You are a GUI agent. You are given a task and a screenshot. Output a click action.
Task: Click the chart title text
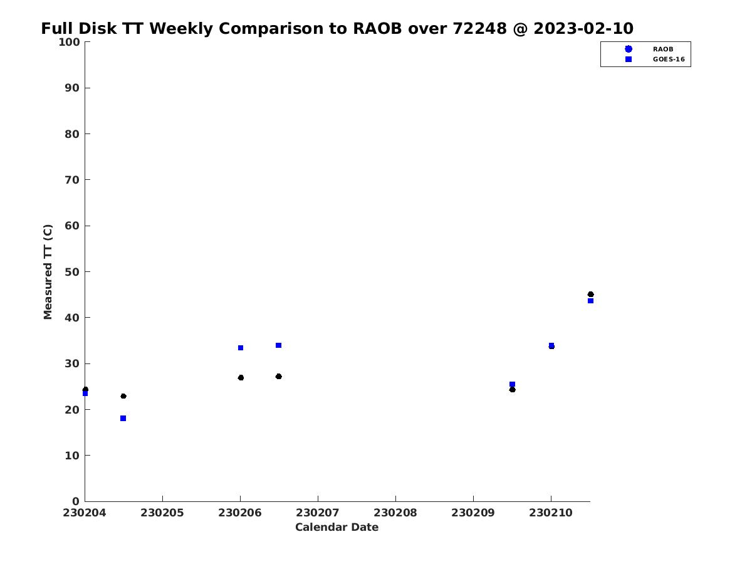click(337, 28)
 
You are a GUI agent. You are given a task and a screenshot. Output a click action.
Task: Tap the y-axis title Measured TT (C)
click(48, 271)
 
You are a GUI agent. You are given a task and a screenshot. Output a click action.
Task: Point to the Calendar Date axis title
click(337, 527)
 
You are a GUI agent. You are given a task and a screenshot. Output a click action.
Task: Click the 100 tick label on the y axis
click(69, 42)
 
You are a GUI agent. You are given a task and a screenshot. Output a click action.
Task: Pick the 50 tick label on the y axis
click(72, 272)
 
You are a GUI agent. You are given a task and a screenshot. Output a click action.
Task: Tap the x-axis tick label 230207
click(318, 513)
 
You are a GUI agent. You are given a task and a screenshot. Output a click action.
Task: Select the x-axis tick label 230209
click(473, 513)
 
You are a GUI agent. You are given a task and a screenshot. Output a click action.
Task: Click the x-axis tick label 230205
click(162, 513)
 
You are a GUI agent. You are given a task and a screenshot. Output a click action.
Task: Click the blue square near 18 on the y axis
click(123, 418)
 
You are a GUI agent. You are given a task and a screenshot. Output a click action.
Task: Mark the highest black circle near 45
click(590, 294)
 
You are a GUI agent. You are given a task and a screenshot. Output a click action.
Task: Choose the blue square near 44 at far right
click(590, 301)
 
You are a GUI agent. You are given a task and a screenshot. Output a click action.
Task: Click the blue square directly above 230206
click(241, 348)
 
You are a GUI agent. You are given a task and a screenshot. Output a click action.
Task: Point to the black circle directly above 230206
click(241, 378)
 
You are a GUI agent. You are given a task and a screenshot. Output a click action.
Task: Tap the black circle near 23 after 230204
click(123, 396)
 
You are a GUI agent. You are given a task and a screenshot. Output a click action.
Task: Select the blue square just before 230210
click(512, 384)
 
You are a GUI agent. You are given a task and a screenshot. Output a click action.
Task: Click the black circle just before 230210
click(512, 389)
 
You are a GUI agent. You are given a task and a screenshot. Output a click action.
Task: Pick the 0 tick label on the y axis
click(76, 501)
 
